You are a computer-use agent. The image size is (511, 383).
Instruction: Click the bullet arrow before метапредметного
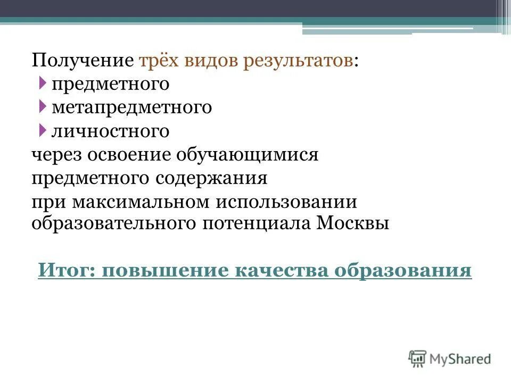(43, 106)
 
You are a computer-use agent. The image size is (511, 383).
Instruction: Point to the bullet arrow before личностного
(43, 130)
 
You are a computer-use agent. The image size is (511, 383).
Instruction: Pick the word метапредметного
(132, 107)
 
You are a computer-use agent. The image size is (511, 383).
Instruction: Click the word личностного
(111, 131)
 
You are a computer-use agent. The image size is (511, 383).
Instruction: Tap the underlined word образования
(403, 270)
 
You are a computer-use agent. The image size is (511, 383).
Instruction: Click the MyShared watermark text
(461, 359)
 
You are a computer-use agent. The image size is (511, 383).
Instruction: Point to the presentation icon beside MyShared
(418, 358)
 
